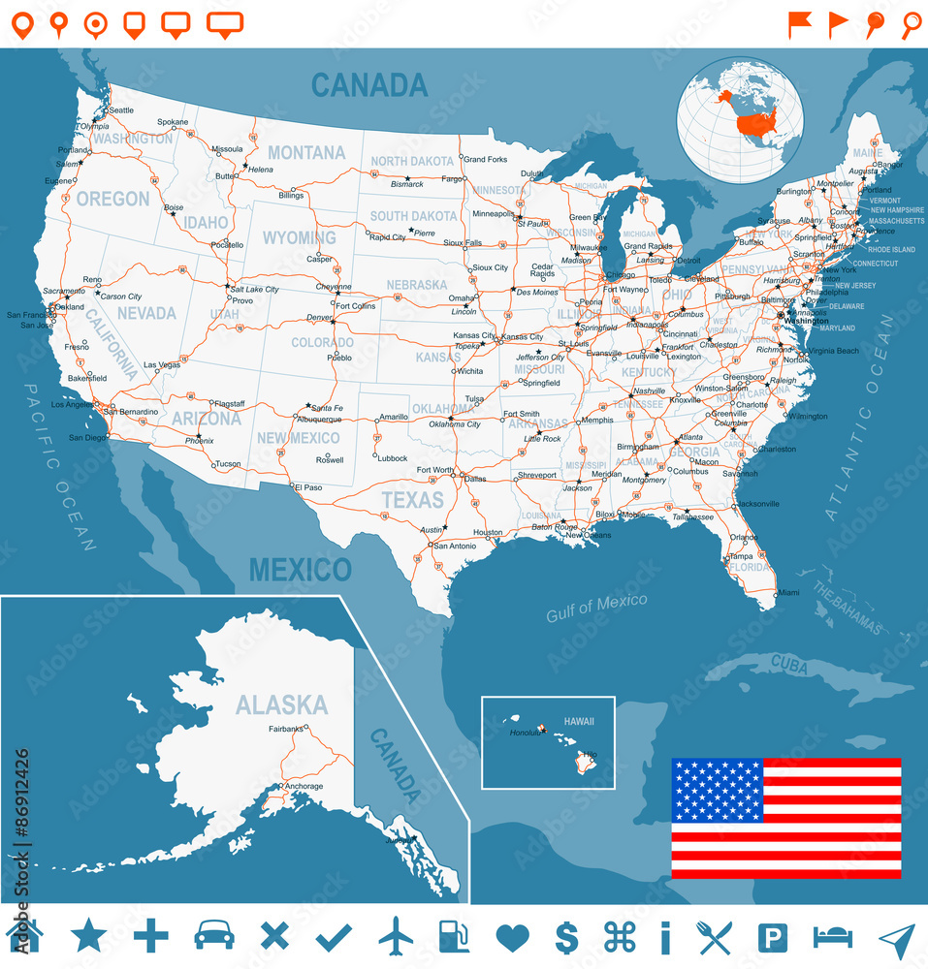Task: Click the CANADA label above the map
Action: tap(369, 85)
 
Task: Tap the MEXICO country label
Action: tap(300, 569)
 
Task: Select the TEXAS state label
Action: tap(412, 500)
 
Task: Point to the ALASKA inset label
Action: tap(281, 703)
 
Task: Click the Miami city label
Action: tap(788, 592)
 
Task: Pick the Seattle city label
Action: tap(121, 110)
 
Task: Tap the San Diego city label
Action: tap(86, 438)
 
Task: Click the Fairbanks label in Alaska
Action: tap(286, 729)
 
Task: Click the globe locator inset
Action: tap(740, 118)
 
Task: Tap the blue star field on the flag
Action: tap(718, 789)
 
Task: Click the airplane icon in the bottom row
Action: tap(396, 936)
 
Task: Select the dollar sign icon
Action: tap(566, 937)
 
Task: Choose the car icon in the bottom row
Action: tap(214, 936)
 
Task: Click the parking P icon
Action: tap(772, 937)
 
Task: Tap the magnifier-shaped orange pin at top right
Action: tap(911, 24)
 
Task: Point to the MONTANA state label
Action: tap(306, 153)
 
